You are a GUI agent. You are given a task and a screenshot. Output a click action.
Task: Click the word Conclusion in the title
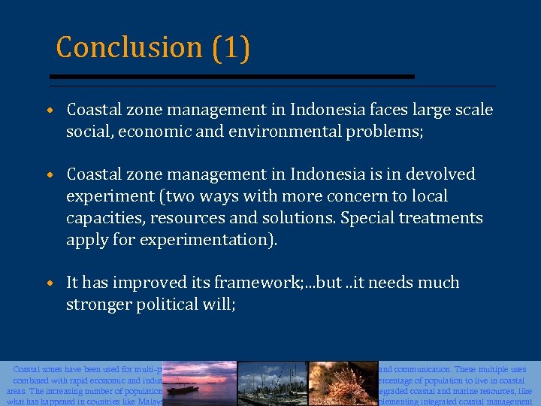[128, 47]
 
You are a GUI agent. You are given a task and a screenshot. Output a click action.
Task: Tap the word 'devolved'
[443, 174]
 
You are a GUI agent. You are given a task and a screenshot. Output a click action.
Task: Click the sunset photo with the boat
[200, 383]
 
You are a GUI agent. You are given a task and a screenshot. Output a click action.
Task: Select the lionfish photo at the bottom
[343, 383]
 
